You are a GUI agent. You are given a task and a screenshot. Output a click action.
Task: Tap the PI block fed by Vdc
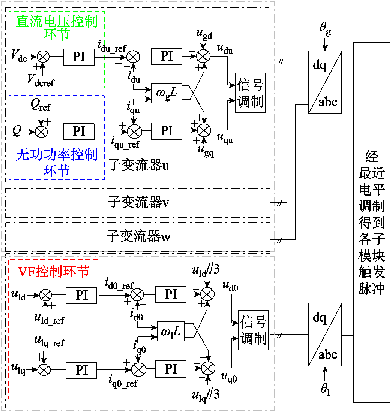pyautogui.click(x=79, y=57)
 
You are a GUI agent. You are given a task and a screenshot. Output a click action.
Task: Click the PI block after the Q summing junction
pyautogui.click(x=79, y=131)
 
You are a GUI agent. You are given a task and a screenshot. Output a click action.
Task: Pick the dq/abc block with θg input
pyautogui.click(x=325, y=82)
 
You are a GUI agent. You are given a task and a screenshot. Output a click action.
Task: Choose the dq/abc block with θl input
pyautogui.click(x=325, y=334)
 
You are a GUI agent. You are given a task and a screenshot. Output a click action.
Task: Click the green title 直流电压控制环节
pyautogui.click(x=57, y=27)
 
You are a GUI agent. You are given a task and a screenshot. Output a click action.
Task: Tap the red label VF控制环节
pyautogui.click(x=54, y=271)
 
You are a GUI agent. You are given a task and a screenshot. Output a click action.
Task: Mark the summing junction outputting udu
pyautogui.click(x=204, y=56)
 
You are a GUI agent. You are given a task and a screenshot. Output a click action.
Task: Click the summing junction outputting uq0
pyautogui.click(x=208, y=369)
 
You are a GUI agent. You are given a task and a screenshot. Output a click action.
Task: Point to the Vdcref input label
pyautogui.click(x=41, y=79)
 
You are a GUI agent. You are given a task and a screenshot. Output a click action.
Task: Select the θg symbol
pyautogui.click(x=325, y=29)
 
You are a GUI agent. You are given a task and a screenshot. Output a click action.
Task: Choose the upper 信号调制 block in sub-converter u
pyautogui.click(x=250, y=93)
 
